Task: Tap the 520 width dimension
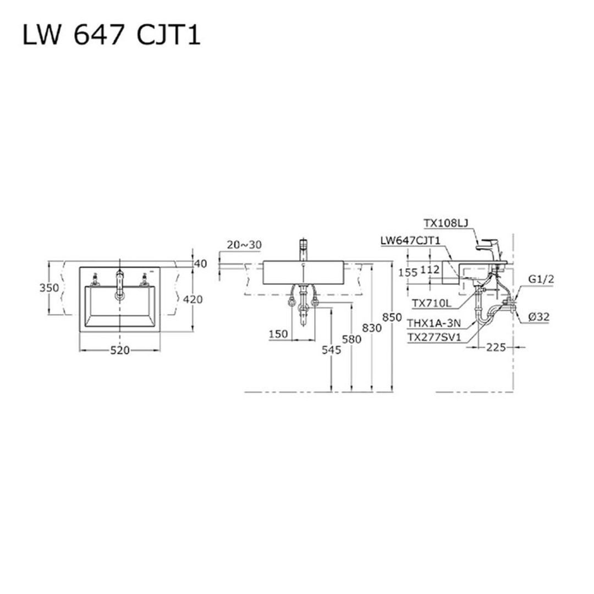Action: click(120, 350)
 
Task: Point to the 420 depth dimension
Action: click(193, 299)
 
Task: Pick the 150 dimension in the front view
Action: click(279, 334)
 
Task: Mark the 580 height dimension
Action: click(351, 339)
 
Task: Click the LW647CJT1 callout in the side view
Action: click(410, 240)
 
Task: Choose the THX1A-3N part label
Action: click(434, 323)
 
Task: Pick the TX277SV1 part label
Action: click(433, 337)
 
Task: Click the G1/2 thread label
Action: click(541, 280)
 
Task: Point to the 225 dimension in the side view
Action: click(497, 347)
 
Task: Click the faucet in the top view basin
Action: click(119, 283)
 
